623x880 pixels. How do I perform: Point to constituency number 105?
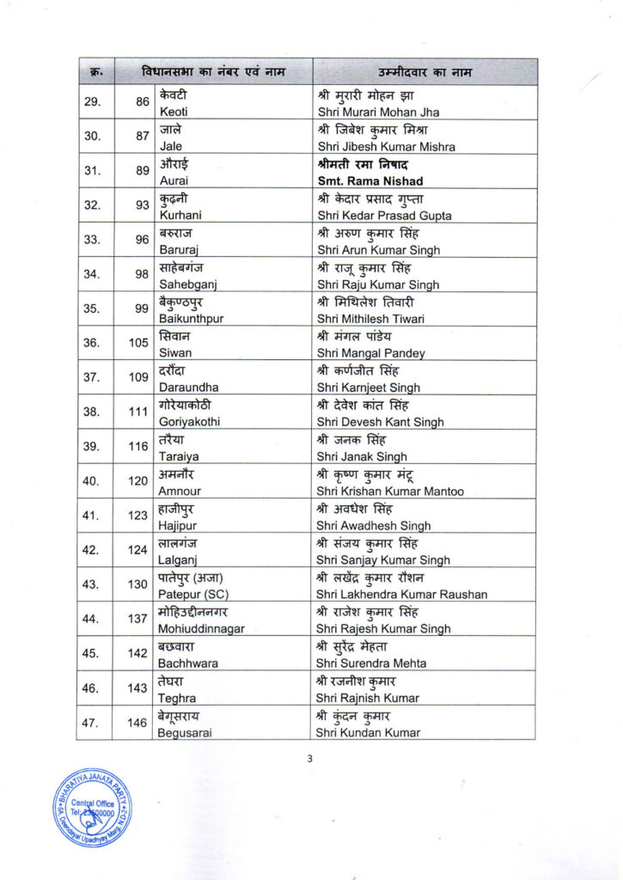(x=138, y=343)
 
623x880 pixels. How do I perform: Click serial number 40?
(x=90, y=480)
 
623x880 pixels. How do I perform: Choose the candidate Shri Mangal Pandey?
(x=370, y=353)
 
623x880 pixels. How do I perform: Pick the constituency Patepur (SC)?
(x=190, y=594)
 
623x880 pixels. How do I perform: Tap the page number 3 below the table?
(x=310, y=758)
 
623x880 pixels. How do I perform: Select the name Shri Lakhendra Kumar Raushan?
(x=401, y=594)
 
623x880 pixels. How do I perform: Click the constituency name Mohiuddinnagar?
(x=201, y=628)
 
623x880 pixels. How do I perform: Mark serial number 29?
(x=90, y=101)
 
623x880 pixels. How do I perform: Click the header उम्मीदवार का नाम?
(x=424, y=71)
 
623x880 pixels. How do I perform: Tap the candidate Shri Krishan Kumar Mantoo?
(x=390, y=491)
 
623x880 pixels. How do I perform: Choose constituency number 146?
(x=138, y=722)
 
